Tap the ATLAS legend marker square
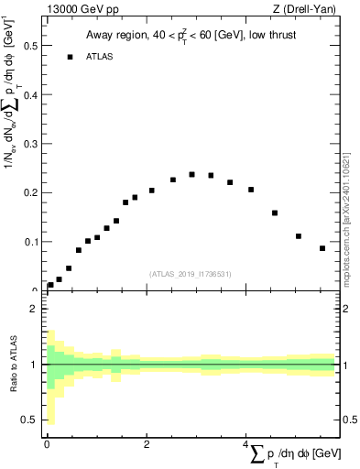coord(70,57)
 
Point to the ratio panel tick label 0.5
coord(31,420)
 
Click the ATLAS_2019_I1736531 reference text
coord(191,273)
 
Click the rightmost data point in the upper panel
coord(322,248)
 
